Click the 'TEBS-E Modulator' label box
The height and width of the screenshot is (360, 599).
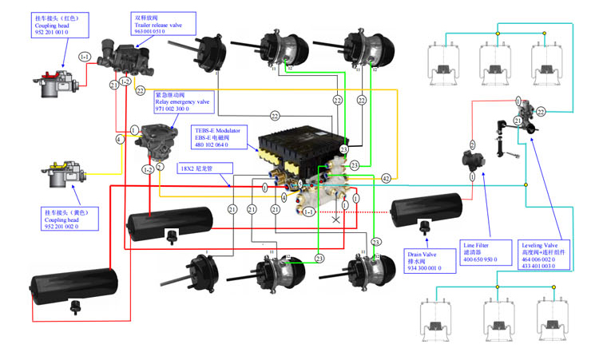[224, 136]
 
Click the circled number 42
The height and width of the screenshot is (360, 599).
[386, 178]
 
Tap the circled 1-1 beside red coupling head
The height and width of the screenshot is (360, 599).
[84, 57]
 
